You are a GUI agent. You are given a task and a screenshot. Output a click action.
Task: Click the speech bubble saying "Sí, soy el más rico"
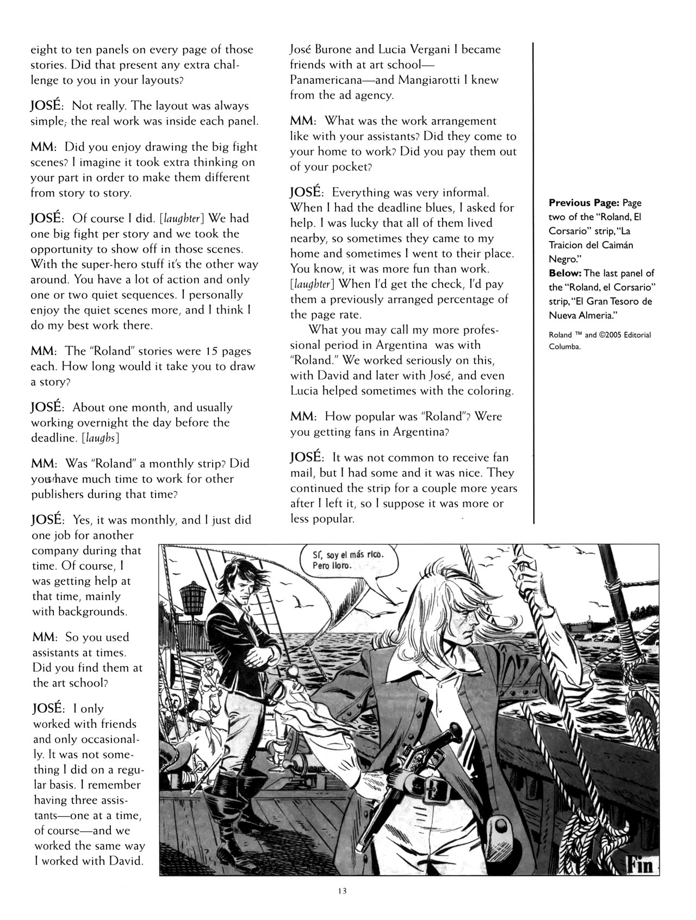(x=348, y=561)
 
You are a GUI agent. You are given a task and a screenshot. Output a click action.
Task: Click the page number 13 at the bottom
(x=341, y=891)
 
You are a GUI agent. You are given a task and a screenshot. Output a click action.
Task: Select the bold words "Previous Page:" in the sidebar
(x=583, y=203)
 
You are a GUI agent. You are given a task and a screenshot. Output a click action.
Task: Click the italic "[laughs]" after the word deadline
(x=100, y=438)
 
